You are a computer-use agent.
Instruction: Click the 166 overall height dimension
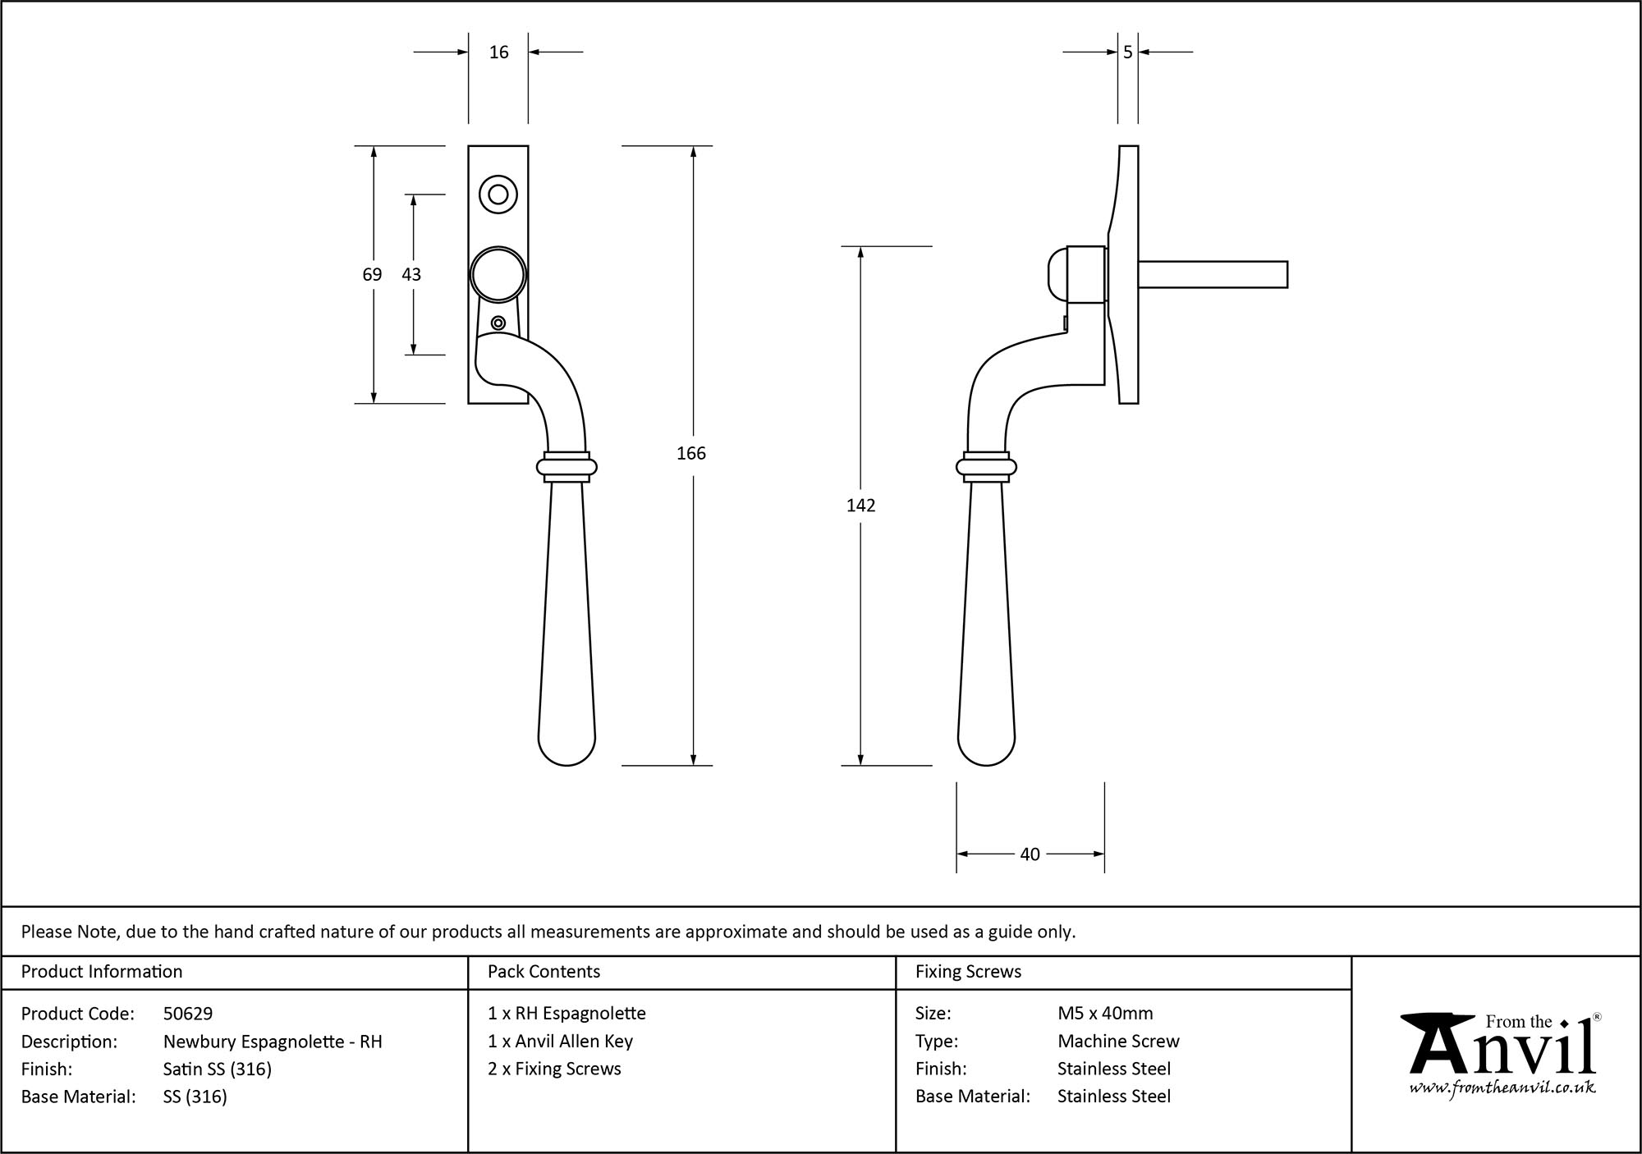pyautogui.click(x=690, y=453)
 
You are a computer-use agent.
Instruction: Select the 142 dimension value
pyautogui.click(x=860, y=506)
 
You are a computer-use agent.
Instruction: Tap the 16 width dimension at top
pyautogui.click(x=498, y=53)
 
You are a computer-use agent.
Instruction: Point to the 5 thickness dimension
pyautogui.click(x=1127, y=53)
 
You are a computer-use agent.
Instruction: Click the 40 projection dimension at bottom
pyautogui.click(x=1030, y=854)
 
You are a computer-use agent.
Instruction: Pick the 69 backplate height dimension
pyautogui.click(x=372, y=274)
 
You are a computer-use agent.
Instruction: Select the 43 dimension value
pyautogui.click(x=411, y=274)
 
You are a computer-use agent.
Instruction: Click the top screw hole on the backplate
pyautogui.click(x=498, y=195)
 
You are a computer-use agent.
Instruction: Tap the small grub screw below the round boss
pyautogui.click(x=498, y=323)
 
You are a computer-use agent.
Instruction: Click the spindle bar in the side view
pyautogui.click(x=1212, y=274)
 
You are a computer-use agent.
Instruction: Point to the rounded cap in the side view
pyautogui.click(x=1057, y=274)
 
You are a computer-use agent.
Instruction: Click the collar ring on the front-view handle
pyautogui.click(x=566, y=467)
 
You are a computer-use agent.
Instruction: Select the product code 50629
pyautogui.click(x=188, y=1014)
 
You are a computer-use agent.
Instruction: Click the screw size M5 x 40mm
pyautogui.click(x=1105, y=1014)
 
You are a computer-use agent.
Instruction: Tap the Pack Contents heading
pyautogui.click(x=544, y=972)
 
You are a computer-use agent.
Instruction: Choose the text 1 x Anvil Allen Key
pyautogui.click(x=560, y=1042)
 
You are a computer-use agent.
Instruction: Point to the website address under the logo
pyautogui.click(x=1502, y=1088)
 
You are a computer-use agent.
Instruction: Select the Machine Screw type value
pyautogui.click(x=1118, y=1042)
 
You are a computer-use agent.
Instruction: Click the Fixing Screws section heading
pyautogui.click(x=968, y=972)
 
